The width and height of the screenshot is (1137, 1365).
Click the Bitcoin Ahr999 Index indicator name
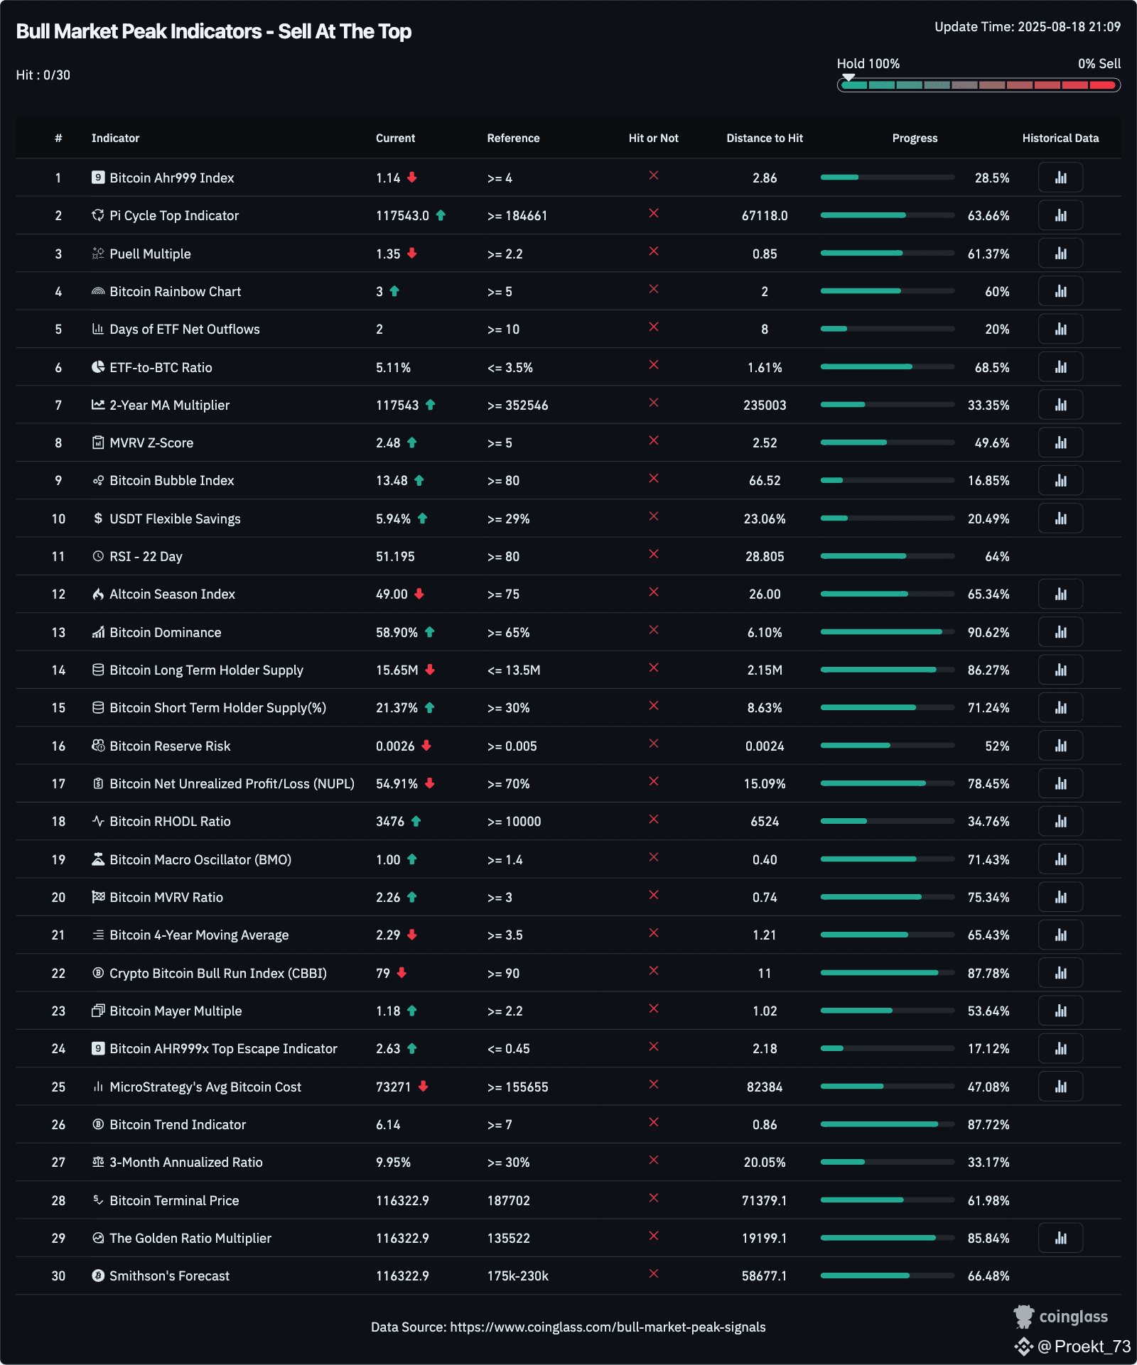coord(171,178)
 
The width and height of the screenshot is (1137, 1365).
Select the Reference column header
coord(513,138)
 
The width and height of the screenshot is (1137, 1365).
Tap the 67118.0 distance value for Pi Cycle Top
coord(765,215)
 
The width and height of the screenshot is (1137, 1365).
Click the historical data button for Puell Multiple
coord(1060,254)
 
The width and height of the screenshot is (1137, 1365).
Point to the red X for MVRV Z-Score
coord(654,441)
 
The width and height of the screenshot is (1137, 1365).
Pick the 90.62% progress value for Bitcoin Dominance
coord(988,632)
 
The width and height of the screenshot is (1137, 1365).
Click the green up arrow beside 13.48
coord(419,481)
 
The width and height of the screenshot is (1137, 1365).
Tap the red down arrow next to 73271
coord(424,1086)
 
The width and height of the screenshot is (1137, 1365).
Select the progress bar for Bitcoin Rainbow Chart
coord(887,291)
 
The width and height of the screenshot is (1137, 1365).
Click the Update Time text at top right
coord(1027,27)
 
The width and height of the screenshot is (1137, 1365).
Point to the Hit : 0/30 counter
coord(43,75)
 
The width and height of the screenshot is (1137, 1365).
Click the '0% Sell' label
coord(1099,64)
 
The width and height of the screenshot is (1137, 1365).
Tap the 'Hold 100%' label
coord(868,64)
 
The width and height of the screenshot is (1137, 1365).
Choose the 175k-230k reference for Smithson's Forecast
coord(517,1276)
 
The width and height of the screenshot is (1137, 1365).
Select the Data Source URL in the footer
coord(608,1327)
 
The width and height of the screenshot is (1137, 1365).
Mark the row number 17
coord(58,783)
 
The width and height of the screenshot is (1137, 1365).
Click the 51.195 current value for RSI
coord(395,556)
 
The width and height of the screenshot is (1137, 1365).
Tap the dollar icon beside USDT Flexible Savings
coord(98,518)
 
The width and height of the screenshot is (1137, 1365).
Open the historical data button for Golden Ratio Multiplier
coord(1060,1238)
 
